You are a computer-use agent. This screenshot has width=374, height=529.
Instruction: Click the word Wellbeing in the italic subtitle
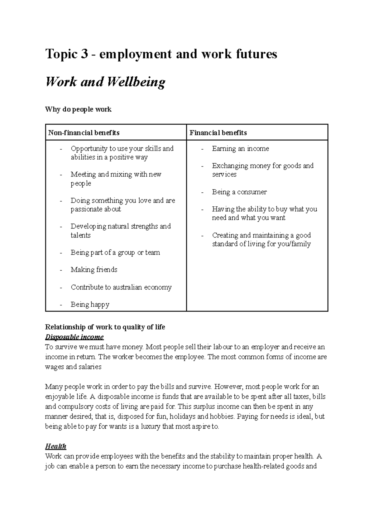136,82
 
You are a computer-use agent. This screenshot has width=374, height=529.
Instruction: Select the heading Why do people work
78,109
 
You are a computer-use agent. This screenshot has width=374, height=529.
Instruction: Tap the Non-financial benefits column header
84,133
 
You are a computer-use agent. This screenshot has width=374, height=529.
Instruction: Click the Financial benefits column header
218,133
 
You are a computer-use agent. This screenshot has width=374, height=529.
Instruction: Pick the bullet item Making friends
94,270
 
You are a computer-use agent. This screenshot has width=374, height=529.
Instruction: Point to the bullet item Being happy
90,305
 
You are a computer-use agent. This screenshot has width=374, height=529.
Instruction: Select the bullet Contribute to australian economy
121,287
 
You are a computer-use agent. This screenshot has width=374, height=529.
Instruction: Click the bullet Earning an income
240,149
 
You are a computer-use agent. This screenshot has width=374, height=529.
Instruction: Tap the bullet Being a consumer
239,192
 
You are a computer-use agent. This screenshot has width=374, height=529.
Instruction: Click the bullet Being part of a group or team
115,252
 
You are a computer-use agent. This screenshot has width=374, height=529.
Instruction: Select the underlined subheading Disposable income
74,337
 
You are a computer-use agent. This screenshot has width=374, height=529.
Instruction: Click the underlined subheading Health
55,446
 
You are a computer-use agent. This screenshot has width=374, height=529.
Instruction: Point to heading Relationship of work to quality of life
105,327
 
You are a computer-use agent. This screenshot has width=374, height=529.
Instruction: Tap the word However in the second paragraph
228,387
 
